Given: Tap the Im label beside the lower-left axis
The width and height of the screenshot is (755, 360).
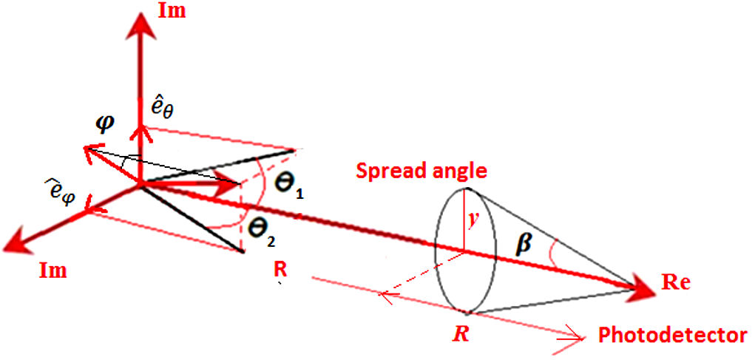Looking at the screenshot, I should [53, 271].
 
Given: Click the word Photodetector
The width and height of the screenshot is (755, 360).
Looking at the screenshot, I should [671, 336].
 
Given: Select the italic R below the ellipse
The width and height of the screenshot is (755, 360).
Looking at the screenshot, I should [461, 333].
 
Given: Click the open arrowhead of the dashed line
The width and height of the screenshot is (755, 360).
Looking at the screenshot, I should [385, 295].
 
